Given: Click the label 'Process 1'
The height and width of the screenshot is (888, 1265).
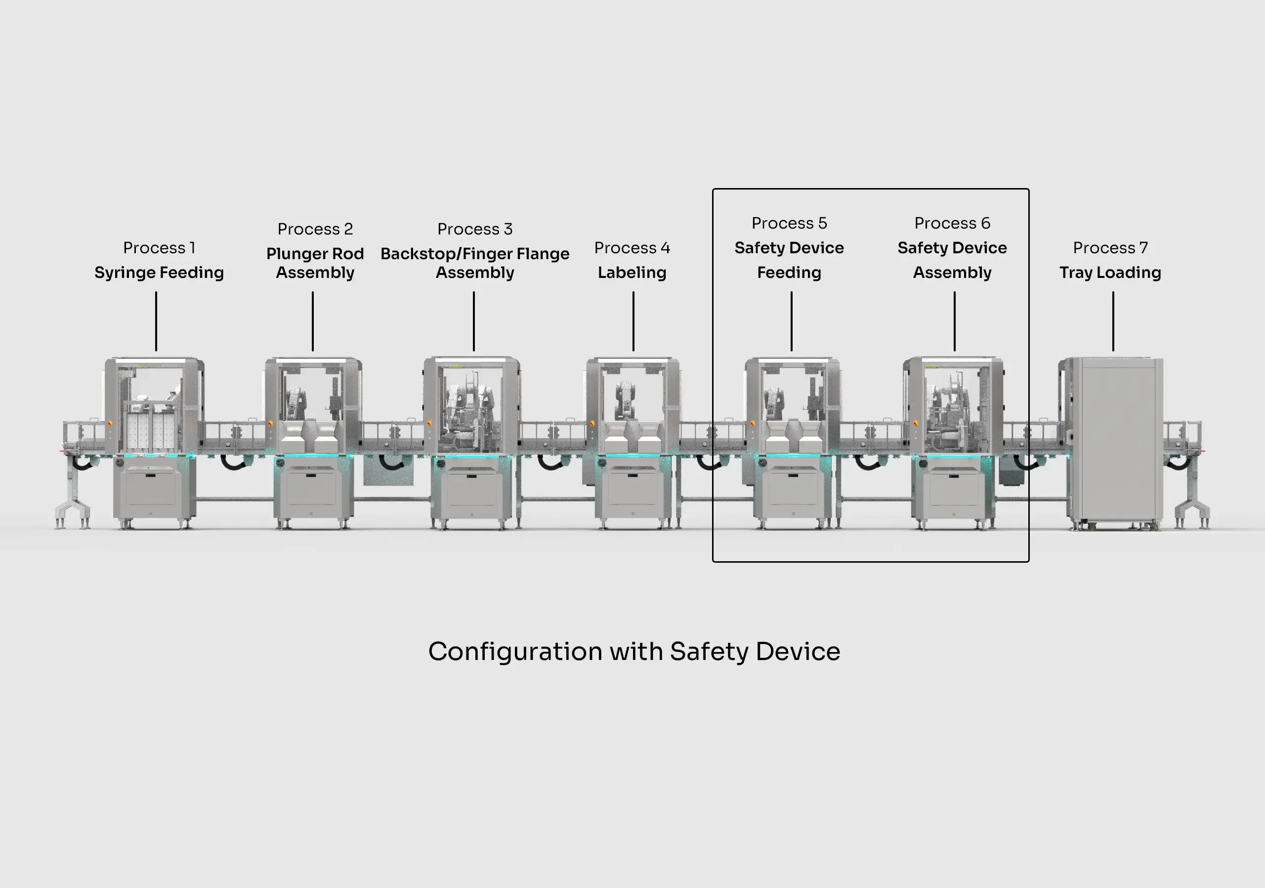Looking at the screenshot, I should (159, 248).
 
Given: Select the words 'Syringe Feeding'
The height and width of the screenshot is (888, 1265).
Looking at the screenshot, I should (159, 272).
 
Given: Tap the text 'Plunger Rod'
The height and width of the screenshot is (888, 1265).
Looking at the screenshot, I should (315, 254).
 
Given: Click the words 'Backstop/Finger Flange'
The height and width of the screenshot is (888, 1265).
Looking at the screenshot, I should (474, 254).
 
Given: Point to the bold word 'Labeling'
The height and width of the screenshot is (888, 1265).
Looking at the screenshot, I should (632, 272).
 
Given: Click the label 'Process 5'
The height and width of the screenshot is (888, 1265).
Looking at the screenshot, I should (789, 223).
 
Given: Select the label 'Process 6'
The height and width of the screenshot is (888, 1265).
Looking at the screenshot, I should (952, 223).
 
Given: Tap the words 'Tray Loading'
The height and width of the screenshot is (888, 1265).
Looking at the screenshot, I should (1110, 272).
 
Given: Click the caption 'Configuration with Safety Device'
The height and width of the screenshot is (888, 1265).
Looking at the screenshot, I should (633, 651).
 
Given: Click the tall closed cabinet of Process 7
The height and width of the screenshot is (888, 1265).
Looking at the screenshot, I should (1116, 440).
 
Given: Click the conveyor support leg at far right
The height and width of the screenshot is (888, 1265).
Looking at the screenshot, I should (1193, 498).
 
